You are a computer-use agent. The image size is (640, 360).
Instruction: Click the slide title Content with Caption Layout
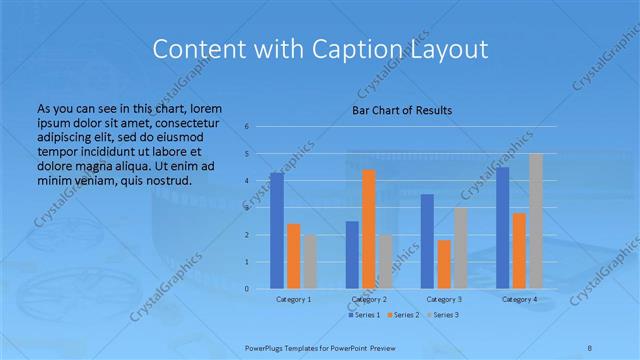coord(319,49)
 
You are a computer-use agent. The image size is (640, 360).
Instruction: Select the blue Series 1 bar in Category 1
coord(276,231)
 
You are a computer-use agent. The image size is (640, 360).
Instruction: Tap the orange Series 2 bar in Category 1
coord(293,256)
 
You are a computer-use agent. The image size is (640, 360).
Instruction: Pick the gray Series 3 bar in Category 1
coord(310,262)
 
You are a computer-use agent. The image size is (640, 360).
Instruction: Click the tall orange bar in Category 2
coord(369,229)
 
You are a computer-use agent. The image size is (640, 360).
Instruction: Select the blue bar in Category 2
coord(352,255)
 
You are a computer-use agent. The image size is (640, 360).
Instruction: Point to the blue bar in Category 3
coord(427,241)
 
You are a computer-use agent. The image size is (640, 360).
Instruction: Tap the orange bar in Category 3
coord(444,264)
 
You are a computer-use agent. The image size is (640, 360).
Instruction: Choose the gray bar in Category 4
coord(536,221)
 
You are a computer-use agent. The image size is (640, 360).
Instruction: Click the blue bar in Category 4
coord(502,228)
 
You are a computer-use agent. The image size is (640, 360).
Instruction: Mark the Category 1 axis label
coord(293,299)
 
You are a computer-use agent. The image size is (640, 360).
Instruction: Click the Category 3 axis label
coord(444,299)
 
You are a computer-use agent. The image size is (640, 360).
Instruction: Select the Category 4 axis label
coord(519,299)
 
